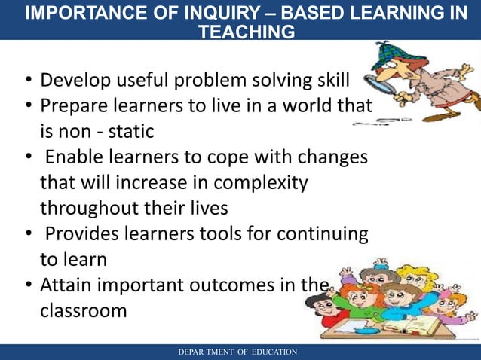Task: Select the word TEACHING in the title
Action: coord(245,32)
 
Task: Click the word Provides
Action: coord(81,234)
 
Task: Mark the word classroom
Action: coord(83,310)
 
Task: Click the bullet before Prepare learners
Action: coord(27,106)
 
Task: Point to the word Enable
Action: coord(72,157)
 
